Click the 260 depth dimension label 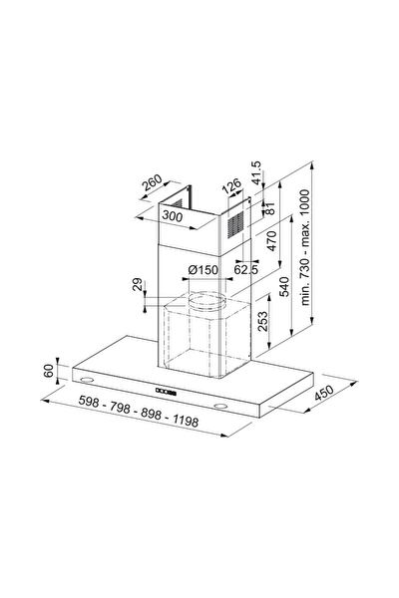152,182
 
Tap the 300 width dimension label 173,216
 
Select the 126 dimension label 231,185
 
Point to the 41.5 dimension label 256,172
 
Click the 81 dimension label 269,208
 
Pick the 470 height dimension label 271,240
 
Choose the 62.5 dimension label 246,270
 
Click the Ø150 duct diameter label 203,270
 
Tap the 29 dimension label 138,284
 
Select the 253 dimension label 262,322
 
